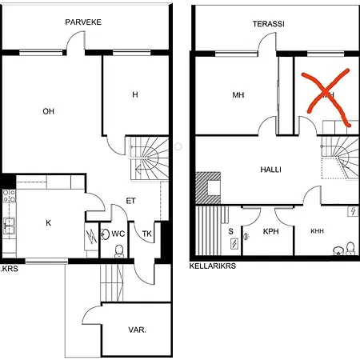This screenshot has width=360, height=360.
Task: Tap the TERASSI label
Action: tap(268, 24)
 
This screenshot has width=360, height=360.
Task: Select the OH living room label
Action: tap(48, 111)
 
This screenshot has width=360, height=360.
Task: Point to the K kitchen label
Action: tap(48, 223)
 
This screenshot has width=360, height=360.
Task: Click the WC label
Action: tap(118, 234)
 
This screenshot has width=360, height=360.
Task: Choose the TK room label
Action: tap(146, 234)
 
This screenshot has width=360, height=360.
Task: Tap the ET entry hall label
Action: tap(131, 201)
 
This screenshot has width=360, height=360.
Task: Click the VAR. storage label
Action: tap(136, 330)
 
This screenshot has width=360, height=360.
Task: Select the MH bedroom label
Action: tap(238, 96)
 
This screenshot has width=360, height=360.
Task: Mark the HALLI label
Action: tap(269, 170)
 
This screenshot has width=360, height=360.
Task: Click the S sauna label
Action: tap(231, 231)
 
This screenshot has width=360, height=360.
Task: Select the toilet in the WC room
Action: tap(118, 250)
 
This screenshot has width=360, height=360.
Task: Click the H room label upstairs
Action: tap(135, 95)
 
